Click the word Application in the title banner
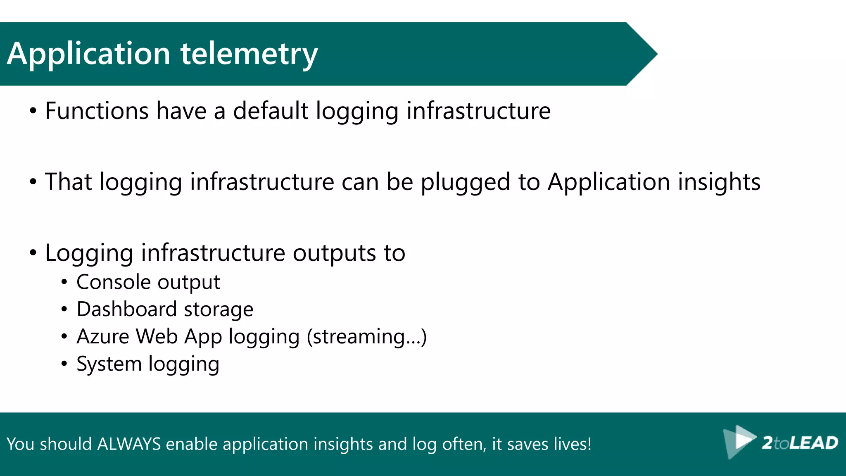pos(88,54)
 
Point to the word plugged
pos(465,182)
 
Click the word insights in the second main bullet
pos(719,182)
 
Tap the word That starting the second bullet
pos(68,182)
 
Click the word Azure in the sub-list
pos(103,336)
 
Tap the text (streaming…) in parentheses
pos(366,337)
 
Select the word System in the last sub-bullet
pos(109,364)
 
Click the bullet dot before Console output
pos(64,283)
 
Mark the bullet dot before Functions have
pos(33,112)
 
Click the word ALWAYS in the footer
pos(129,444)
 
